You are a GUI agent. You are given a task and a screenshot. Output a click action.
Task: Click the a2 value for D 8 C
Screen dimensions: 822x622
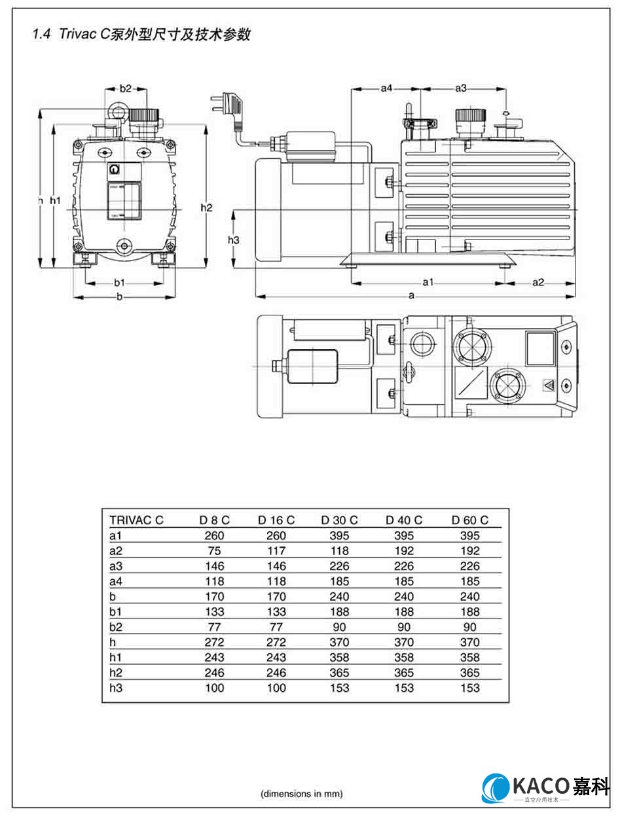pos(214,550)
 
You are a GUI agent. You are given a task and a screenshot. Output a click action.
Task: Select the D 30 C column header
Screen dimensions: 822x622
pos(339,520)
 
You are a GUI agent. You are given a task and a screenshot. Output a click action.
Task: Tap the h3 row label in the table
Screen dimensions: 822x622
pos(117,688)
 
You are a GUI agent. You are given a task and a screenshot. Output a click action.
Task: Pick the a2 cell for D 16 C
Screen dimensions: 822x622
pos(276,550)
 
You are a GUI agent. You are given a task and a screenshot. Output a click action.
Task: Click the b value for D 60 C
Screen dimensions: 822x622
pos(469,596)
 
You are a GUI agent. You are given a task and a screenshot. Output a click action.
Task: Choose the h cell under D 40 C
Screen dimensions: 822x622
pos(404,642)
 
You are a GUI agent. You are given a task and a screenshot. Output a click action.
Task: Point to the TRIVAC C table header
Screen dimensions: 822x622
pos(136,520)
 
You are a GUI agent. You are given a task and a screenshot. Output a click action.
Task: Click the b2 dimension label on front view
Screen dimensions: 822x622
pos(125,88)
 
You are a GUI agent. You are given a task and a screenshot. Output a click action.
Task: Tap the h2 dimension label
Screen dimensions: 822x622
pos(206,207)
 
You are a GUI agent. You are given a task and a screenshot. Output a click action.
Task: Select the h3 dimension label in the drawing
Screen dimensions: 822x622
pos(233,240)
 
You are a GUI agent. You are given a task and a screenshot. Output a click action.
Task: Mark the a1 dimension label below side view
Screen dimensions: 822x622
pos(428,282)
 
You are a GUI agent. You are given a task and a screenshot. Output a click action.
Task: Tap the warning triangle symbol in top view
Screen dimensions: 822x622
pos(548,386)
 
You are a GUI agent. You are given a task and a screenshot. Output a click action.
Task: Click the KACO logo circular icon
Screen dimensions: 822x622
pos(496,788)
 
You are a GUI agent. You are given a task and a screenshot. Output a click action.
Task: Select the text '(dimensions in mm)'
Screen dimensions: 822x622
pos(302,793)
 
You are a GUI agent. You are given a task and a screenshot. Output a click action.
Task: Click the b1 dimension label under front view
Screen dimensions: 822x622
pos(119,283)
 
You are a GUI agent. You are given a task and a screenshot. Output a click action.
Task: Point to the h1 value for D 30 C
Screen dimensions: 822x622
pos(339,657)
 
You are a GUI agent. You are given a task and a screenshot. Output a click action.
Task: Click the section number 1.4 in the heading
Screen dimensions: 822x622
pos(41,35)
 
